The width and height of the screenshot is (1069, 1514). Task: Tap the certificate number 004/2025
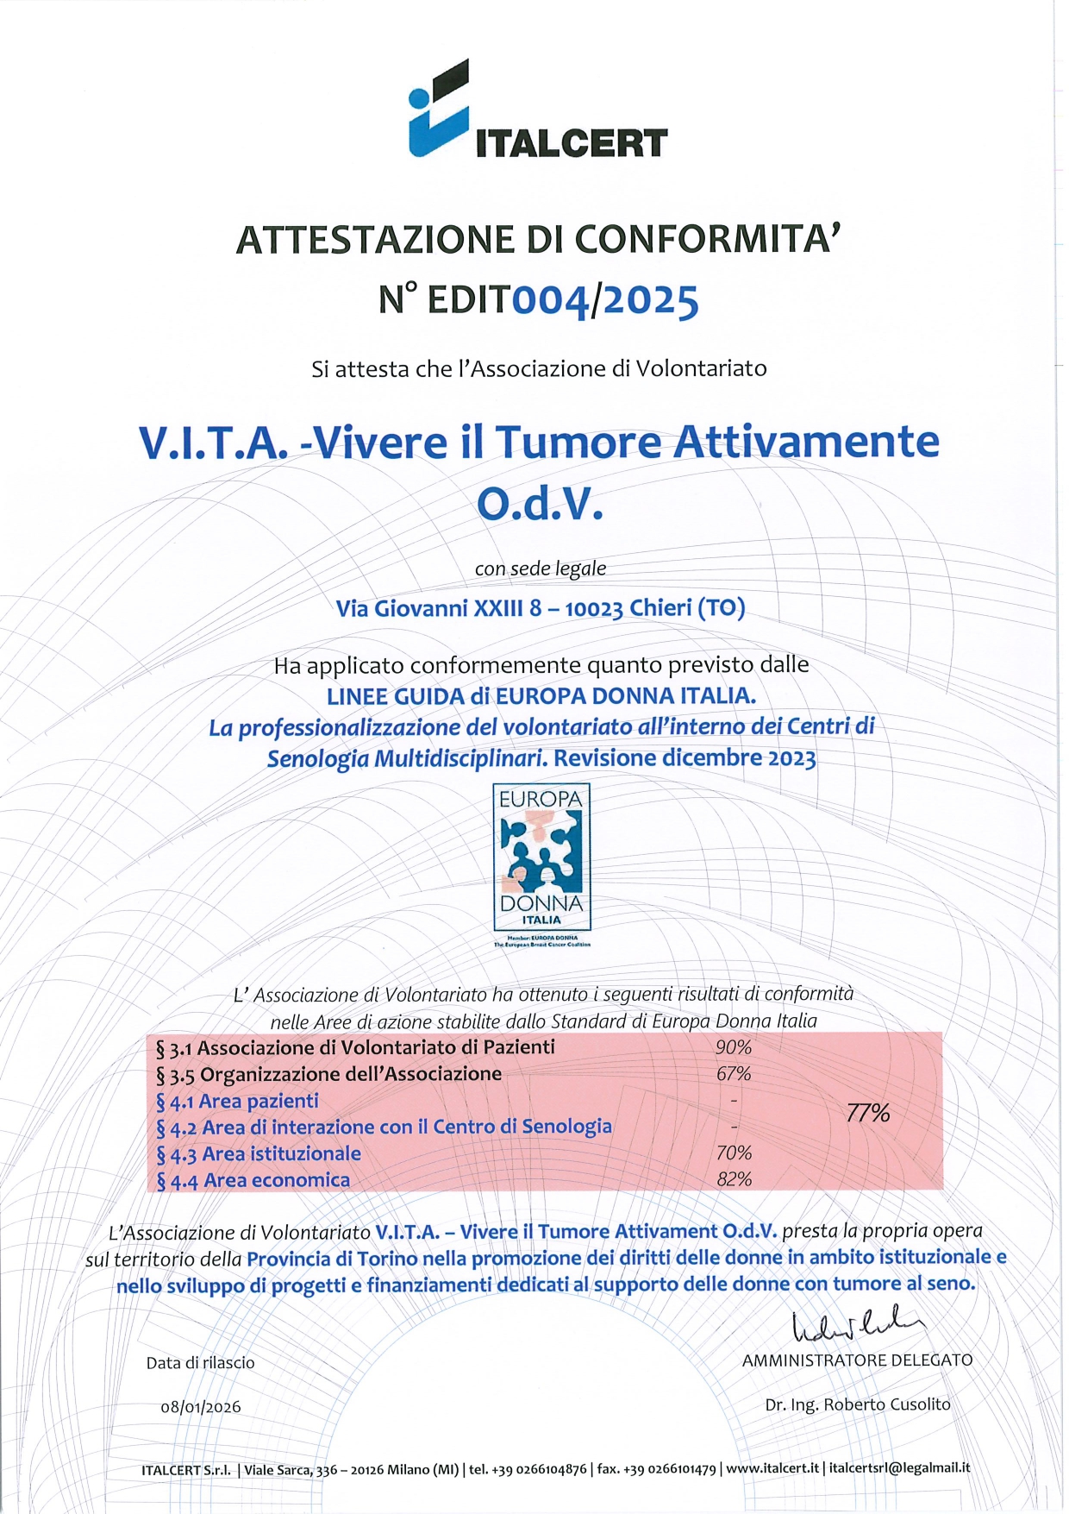click(x=605, y=300)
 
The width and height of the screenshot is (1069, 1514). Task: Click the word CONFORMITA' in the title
click(x=707, y=240)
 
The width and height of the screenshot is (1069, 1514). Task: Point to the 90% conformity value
click(x=734, y=1047)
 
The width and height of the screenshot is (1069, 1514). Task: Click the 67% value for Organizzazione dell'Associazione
click(x=734, y=1074)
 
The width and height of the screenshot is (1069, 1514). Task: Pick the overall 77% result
click(x=868, y=1113)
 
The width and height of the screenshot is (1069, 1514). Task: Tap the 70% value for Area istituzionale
click(x=734, y=1153)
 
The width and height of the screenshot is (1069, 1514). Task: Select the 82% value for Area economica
click(x=734, y=1179)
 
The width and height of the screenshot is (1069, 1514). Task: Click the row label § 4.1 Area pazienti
click(x=237, y=1101)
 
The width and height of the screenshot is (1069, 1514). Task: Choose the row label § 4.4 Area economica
click(x=253, y=1180)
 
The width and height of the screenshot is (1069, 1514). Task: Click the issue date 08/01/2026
click(x=201, y=1407)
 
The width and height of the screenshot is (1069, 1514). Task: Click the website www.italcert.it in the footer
click(x=772, y=1468)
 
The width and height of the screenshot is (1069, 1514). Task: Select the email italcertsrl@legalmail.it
click(x=899, y=1468)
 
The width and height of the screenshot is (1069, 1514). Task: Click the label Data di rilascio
click(x=201, y=1363)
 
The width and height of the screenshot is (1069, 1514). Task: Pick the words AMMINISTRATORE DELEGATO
click(x=857, y=1360)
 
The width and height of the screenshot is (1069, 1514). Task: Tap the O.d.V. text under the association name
click(x=540, y=505)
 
